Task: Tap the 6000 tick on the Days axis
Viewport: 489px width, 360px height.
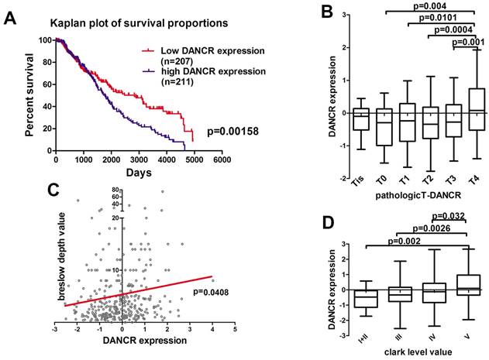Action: click(x=222, y=161)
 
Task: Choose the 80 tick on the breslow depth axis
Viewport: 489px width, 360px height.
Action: click(x=112, y=190)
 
